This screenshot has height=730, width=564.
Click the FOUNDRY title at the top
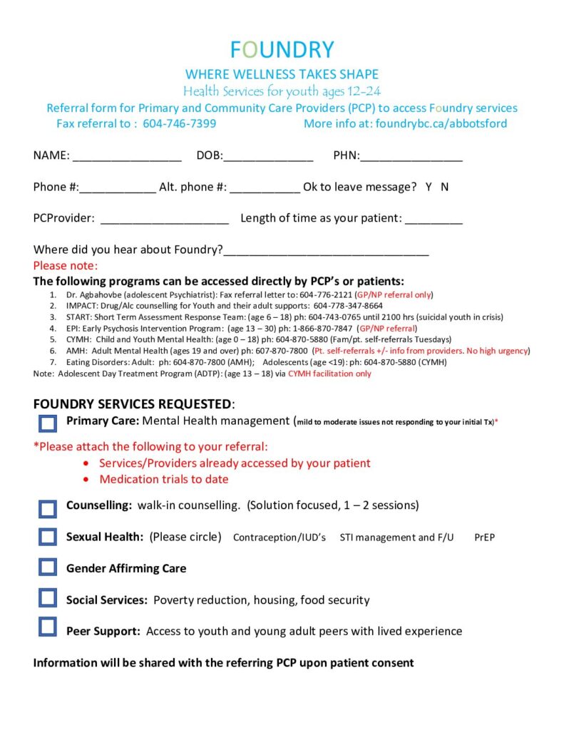pos(282,49)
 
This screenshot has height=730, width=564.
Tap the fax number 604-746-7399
pos(180,123)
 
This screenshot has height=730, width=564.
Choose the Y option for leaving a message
pos(429,187)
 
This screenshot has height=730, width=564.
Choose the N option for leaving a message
pos(444,187)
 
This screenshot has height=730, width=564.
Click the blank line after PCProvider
pos(165,219)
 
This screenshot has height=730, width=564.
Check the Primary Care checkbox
pos(48,423)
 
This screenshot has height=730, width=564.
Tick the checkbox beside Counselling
pos(48,508)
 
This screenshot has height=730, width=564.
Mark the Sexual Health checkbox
pos(48,537)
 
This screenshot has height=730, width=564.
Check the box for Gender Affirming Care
pos(48,567)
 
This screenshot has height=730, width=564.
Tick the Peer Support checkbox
pos(48,627)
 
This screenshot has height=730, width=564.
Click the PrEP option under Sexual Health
pos(484,538)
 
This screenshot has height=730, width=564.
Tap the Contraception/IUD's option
pos(279,538)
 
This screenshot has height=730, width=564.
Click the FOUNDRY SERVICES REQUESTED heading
pos(133,404)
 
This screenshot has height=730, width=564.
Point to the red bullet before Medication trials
pos(86,480)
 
